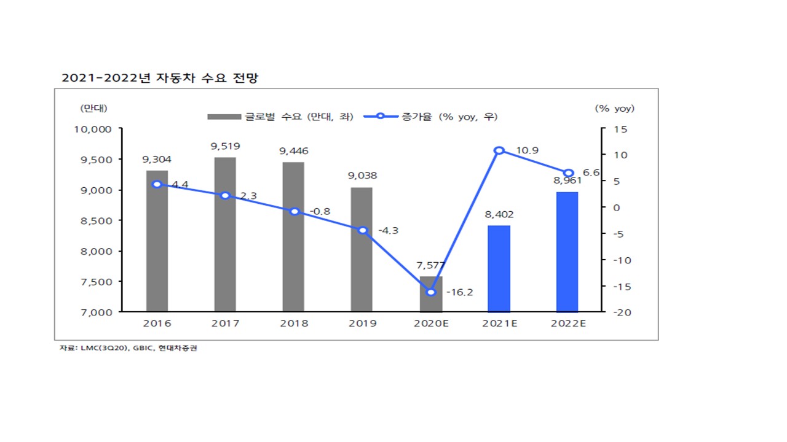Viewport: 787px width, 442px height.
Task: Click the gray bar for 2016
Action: coord(157,246)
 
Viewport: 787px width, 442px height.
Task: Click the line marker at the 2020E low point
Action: coord(431,292)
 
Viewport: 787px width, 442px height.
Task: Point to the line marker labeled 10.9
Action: coord(499,150)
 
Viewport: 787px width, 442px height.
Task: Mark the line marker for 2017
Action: coord(225,195)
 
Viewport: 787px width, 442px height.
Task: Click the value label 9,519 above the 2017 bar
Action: coord(225,146)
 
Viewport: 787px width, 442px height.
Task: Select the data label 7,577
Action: coord(431,265)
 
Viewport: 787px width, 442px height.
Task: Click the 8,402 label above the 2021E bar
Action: coord(499,215)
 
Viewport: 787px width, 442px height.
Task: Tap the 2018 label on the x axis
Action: coord(294,324)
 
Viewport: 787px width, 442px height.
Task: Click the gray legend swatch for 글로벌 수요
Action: coord(224,117)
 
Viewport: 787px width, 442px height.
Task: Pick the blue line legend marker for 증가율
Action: coord(381,117)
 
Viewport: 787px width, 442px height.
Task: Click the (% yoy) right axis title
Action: coord(614,109)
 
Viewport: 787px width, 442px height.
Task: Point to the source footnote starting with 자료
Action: coord(129,348)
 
